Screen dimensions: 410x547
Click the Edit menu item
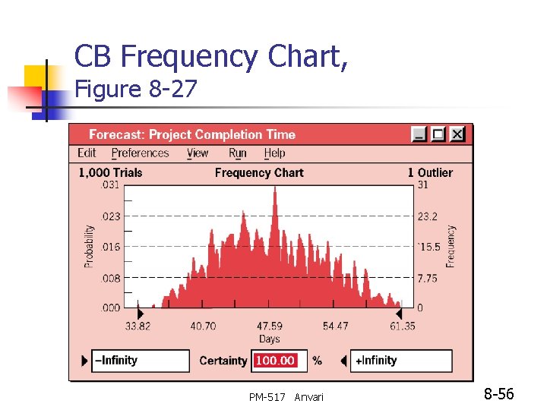(87, 153)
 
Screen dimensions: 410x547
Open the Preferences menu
(140, 153)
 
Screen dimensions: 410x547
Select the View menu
(198, 153)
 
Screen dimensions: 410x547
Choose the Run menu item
(238, 153)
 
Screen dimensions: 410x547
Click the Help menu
(274, 153)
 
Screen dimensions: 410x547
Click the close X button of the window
(457, 134)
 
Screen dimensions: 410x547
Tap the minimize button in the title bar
(419, 134)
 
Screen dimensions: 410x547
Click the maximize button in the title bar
(438, 134)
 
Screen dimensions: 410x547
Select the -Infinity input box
(141, 361)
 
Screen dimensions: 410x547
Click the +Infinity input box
(403, 361)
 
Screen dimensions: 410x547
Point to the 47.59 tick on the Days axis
(269, 326)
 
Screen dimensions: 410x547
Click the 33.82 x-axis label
(137, 326)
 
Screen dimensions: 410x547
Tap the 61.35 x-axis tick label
(402, 326)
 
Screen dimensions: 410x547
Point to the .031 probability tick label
(110, 184)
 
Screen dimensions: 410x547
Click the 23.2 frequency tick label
(428, 216)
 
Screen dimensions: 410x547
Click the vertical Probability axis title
(89, 246)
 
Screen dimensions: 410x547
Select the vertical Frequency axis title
(451, 246)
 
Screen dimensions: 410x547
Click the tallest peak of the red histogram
(275, 189)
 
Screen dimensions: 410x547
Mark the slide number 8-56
(499, 394)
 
